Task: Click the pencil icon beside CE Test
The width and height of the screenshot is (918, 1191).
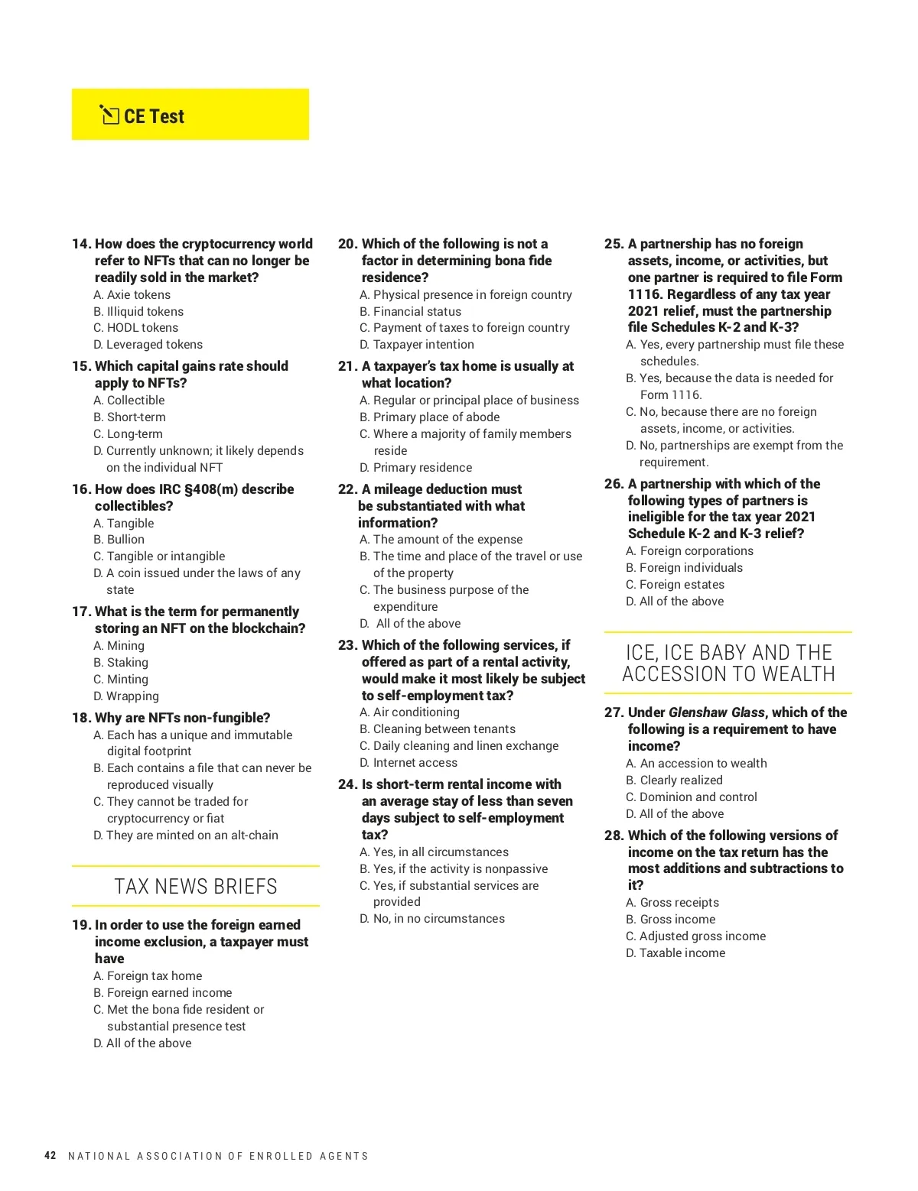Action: pos(109,115)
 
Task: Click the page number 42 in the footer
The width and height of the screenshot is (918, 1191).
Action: pos(50,1155)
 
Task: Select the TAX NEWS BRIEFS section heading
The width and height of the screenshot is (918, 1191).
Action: pos(196,886)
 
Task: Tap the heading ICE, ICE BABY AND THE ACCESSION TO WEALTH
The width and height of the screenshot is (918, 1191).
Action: pos(728,664)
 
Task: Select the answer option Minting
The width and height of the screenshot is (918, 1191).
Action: pos(127,680)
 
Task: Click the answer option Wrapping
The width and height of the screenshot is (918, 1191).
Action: pos(132,696)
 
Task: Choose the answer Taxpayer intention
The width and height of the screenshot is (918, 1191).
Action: pos(423,345)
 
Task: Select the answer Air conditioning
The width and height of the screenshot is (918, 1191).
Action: pos(416,712)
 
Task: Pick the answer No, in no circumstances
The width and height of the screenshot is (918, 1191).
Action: pos(438,919)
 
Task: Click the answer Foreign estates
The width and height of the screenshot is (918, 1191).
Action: pos(682,585)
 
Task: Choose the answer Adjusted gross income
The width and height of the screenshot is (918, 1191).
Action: pos(702,936)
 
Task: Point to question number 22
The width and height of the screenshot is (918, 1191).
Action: pos(347,489)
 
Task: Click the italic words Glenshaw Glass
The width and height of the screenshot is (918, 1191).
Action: pos(716,712)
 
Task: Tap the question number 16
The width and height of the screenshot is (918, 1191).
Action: pos(81,489)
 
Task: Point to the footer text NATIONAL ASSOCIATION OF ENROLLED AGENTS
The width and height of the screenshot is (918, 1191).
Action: pos(218,1156)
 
